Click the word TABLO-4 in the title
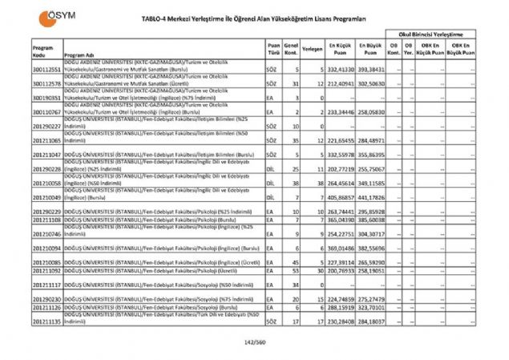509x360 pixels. click(158, 21)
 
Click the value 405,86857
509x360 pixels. click(337, 197)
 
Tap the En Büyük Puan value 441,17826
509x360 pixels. click(372, 197)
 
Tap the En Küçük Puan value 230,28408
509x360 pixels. click(337, 324)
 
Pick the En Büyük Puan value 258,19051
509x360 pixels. click(372, 272)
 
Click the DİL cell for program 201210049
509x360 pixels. click(273, 197)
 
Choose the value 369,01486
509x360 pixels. click(337, 249)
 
